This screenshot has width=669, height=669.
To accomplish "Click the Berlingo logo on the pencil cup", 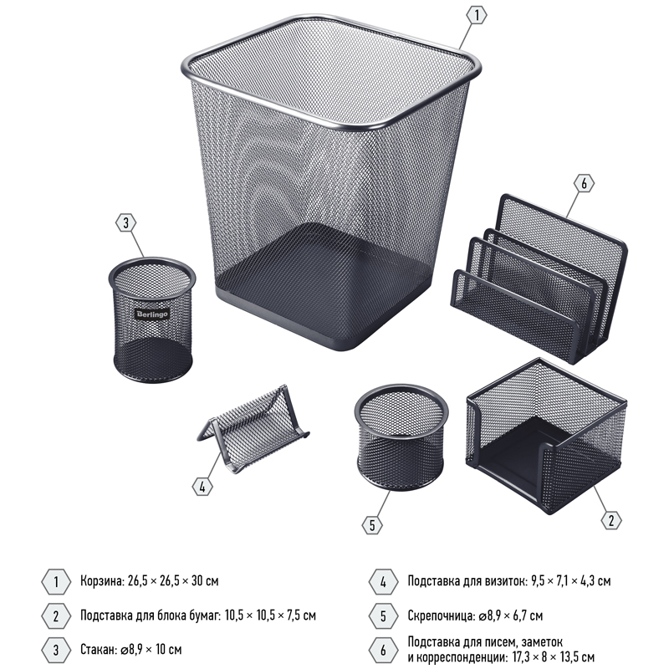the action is point(152,314).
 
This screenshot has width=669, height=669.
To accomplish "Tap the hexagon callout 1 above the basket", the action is point(477,15).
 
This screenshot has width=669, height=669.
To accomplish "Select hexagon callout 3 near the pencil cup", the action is point(126,222).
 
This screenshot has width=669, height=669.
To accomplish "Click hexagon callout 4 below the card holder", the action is point(202,487).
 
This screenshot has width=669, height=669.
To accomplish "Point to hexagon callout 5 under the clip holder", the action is point(372,525).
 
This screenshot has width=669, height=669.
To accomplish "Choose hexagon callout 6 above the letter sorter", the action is point(584,183).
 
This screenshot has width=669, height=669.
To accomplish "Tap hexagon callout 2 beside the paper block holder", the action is point(611,520).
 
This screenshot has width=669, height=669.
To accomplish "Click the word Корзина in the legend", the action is point(102,581).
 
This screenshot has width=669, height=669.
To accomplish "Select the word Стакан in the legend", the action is point(99,650).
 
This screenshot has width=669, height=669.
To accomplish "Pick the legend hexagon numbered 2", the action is point(56,615).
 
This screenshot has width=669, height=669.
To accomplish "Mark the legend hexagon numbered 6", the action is point(383,651).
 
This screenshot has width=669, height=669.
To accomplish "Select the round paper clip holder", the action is point(401,437).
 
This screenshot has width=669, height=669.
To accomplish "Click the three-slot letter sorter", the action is point(539,278).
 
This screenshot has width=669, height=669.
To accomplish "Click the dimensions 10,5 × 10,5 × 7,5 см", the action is point(270,615).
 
